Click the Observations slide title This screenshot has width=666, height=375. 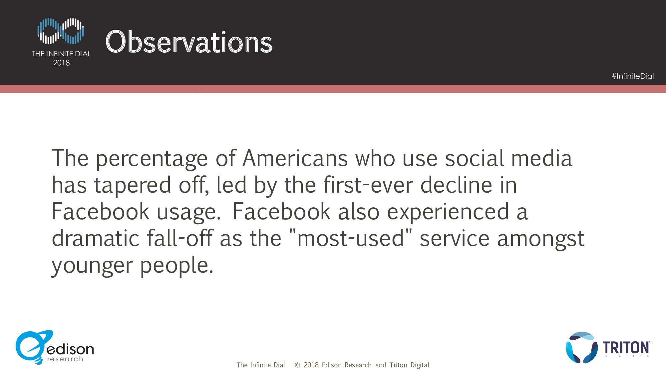(189, 42)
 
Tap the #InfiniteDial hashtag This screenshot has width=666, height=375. (633, 76)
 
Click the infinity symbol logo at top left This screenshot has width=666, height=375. (61, 31)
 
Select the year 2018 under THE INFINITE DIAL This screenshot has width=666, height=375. (62, 63)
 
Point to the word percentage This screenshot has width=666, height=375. (152, 159)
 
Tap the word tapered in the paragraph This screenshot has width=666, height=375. (133, 186)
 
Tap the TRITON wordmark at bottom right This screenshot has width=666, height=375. (626, 348)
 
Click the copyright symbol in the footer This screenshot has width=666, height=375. (297, 365)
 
